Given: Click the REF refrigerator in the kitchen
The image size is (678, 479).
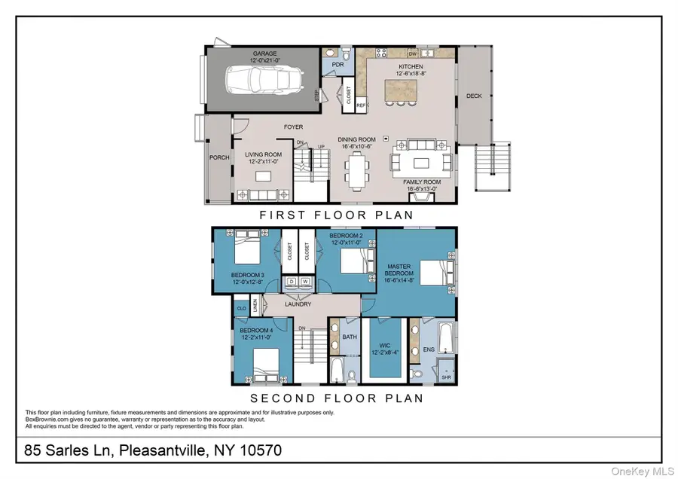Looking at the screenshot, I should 361,106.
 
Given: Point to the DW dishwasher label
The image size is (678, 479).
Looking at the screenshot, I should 413,54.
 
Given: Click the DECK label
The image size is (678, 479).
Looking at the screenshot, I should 474,96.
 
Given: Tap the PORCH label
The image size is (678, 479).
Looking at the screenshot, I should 219,157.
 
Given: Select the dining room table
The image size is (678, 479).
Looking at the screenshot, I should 356,170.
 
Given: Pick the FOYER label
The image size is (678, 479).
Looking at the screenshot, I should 293,127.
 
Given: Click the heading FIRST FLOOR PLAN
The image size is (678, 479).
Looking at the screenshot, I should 336,215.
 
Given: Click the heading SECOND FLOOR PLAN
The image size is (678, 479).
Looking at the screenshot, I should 336,398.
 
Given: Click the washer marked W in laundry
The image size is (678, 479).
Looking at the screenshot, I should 306,282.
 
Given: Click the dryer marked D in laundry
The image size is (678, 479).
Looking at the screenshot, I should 292,282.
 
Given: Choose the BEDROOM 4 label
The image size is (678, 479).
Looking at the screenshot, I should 256,331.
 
